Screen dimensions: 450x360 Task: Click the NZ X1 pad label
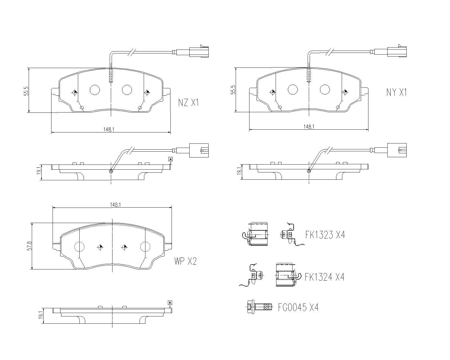click(x=188, y=103)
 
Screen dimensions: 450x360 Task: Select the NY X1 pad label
click(x=397, y=92)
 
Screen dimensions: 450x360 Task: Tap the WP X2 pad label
click(x=185, y=261)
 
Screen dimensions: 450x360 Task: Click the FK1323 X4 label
click(x=325, y=235)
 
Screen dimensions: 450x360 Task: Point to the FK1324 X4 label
click(x=325, y=277)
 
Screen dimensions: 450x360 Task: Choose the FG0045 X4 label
click(x=298, y=307)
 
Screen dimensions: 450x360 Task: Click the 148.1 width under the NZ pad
click(x=109, y=129)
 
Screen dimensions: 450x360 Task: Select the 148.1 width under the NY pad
click(x=309, y=127)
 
